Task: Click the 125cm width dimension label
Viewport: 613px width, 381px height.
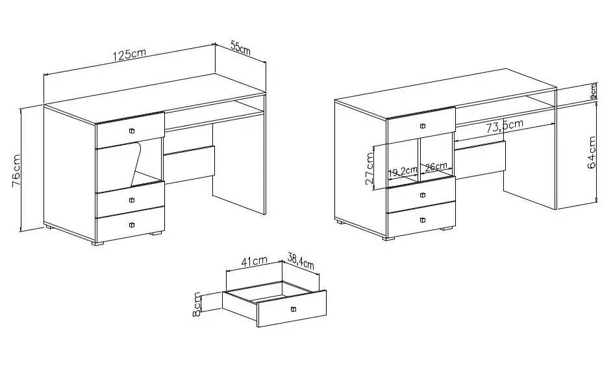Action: (x=129, y=55)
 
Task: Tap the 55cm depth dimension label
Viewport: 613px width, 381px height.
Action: (x=240, y=47)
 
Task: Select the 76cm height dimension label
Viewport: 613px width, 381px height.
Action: (x=16, y=171)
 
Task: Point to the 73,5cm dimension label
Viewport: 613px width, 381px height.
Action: (x=505, y=125)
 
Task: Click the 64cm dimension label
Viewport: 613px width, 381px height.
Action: (x=592, y=152)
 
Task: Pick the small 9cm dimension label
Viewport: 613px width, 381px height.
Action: (x=593, y=92)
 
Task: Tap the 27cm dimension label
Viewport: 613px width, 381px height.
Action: (x=369, y=168)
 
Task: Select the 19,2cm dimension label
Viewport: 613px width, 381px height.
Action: (x=403, y=171)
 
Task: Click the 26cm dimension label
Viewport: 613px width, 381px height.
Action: (x=436, y=166)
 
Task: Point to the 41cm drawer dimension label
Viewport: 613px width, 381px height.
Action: (x=254, y=261)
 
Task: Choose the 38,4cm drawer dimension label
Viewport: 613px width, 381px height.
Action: (x=301, y=261)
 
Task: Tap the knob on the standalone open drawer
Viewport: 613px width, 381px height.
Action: (x=294, y=309)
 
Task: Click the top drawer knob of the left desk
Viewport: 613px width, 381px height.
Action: (x=132, y=131)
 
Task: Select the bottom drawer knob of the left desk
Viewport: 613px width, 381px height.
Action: (x=132, y=225)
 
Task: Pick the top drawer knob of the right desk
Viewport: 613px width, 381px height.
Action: (x=422, y=126)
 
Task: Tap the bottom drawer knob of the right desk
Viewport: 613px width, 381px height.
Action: (x=422, y=220)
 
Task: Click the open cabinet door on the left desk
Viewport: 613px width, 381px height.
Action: (x=118, y=166)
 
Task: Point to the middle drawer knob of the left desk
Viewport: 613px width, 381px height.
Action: (x=132, y=200)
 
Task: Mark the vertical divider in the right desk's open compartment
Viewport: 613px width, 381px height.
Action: (x=419, y=159)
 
